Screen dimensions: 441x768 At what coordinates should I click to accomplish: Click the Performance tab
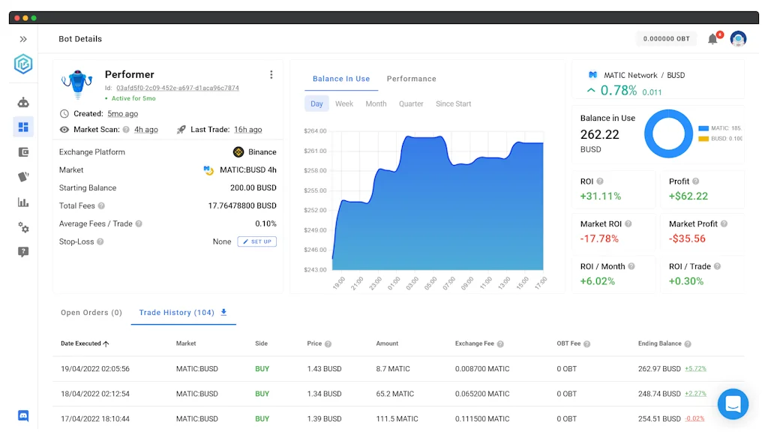pos(411,79)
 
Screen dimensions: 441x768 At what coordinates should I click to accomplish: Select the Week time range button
pos(344,103)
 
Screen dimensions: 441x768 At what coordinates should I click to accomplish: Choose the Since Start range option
pos(453,103)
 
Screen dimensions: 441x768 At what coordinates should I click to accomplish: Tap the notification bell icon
pos(712,39)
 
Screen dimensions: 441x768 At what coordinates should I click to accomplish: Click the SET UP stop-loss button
pos(257,241)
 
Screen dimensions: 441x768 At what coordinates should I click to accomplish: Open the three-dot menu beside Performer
pos(271,74)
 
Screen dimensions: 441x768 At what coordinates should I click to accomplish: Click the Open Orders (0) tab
pos(91,313)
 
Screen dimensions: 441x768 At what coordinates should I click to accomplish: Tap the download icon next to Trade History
pos(223,312)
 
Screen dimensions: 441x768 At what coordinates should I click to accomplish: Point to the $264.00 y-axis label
pos(315,131)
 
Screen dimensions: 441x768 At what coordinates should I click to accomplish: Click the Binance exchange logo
pos(238,151)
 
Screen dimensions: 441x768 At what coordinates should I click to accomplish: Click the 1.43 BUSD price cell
pos(324,369)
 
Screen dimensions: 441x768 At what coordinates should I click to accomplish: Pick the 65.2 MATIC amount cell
pos(394,394)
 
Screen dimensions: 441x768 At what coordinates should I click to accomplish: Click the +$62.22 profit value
pos(688,196)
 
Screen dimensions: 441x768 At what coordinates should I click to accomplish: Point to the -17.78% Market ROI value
pos(599,238)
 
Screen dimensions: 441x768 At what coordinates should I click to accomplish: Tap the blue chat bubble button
pos(733,404)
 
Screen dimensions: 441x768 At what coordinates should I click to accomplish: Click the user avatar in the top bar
pos(738,39)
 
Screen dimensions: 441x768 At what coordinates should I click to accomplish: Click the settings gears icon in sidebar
pos(23,227)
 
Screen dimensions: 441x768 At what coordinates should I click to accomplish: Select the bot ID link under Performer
pos(178,88)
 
